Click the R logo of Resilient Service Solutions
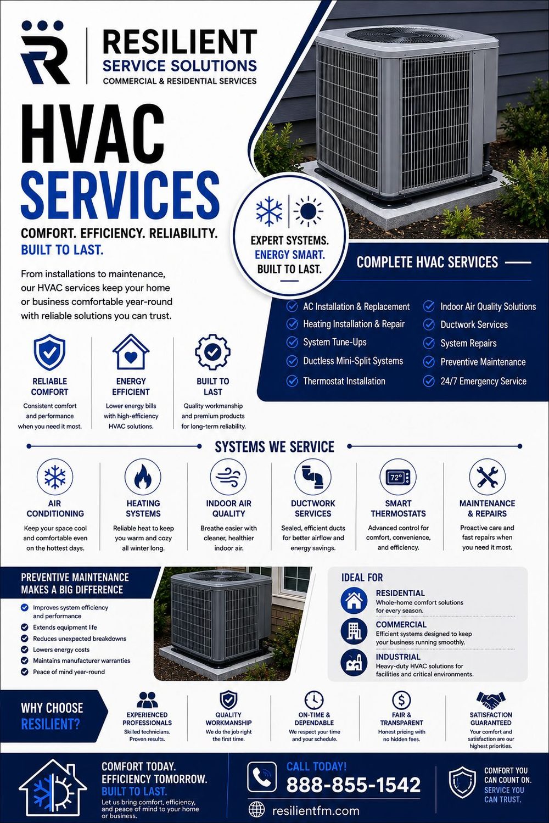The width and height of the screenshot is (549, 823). (x=45, y=54)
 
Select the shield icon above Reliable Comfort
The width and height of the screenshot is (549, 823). (x=49, y=352)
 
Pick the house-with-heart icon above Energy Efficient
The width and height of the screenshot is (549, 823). (x=131, y=351)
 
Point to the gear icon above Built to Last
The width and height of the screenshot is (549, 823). (x=212, y=351)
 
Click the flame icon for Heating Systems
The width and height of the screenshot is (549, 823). (x=143, y=477)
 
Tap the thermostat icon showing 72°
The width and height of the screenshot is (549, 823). (x=398, y=477)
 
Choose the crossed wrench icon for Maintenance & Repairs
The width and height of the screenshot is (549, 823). (x=487, y=477)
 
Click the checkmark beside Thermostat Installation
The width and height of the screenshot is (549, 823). (x=292, y=380)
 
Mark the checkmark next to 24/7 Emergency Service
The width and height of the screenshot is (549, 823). (x=428, y=381)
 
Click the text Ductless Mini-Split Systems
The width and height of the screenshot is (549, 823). (x=353, y=361)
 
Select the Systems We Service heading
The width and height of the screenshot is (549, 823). (x=274, y=447)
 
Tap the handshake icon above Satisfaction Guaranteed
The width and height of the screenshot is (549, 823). (x=491, y=701)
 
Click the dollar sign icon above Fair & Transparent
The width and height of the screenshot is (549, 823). (x=401, y=701)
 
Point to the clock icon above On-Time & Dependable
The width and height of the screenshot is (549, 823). (x=314, y=700)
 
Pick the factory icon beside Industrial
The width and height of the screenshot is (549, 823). (x=354, y=663)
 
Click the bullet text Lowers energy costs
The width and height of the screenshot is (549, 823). (x=61, y=650)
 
